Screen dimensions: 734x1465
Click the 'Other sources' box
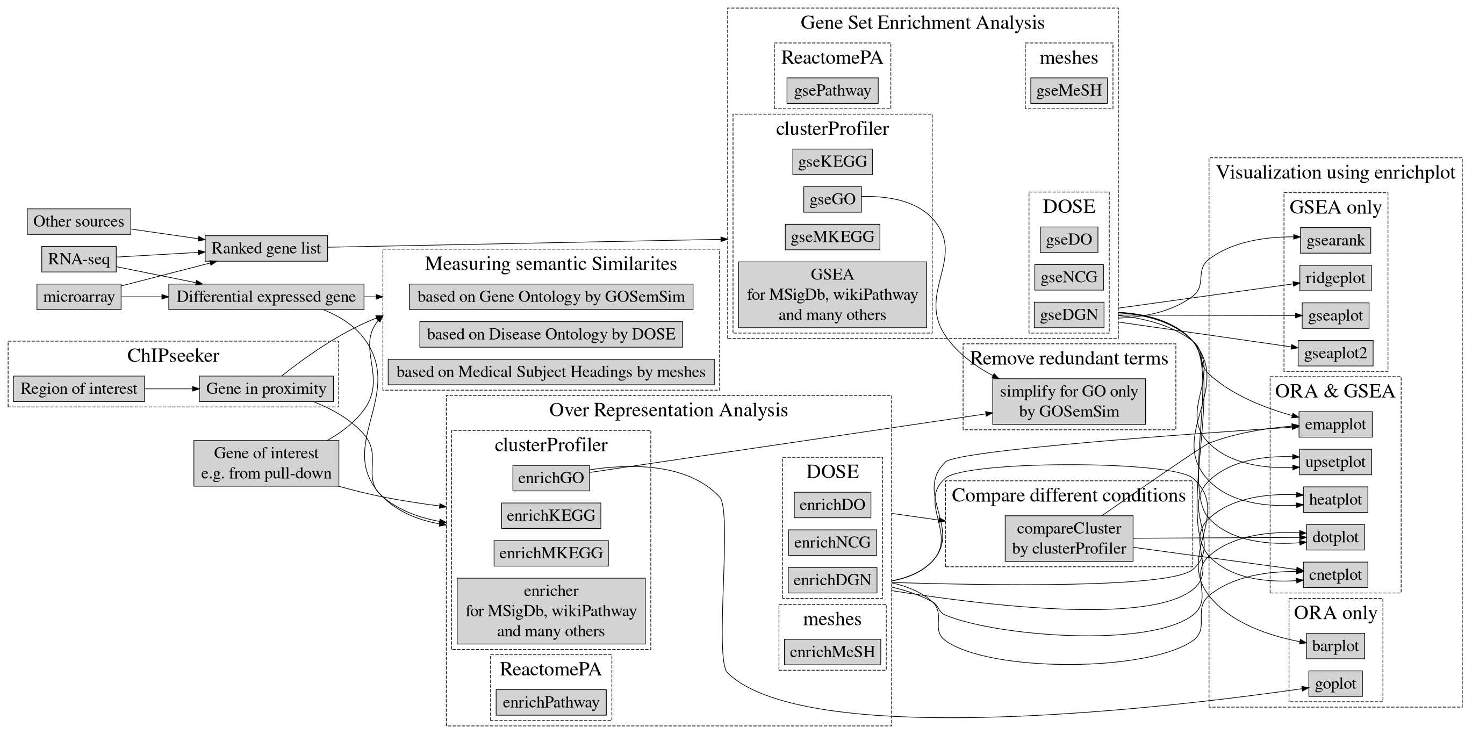click(78, 221)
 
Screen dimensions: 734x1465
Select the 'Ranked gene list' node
click(266, 248)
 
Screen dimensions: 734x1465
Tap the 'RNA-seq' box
click(78, 259)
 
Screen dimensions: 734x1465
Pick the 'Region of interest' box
click(78, 389)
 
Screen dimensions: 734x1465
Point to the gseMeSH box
click(1068, 91)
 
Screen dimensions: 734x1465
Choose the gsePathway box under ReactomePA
click(832, 91)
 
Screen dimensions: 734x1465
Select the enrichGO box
click(550, 478)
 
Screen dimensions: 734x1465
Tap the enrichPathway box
click(550, 703)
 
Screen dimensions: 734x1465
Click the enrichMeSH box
click(832, 652)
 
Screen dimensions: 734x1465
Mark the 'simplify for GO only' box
click(1068, 401)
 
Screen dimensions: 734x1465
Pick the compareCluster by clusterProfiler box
click(1068, 538)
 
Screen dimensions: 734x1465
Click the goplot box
click(1335, 684)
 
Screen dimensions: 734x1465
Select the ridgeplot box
click(1335, 278)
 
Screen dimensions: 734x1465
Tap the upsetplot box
click(1335, 462)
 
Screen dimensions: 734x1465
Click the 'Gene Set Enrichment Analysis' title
click(922, 23)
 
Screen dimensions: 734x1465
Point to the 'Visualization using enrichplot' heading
click(1335, 172)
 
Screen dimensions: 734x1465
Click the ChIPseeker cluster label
click(173, 356)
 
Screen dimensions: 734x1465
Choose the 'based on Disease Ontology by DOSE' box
click(550, 334)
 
